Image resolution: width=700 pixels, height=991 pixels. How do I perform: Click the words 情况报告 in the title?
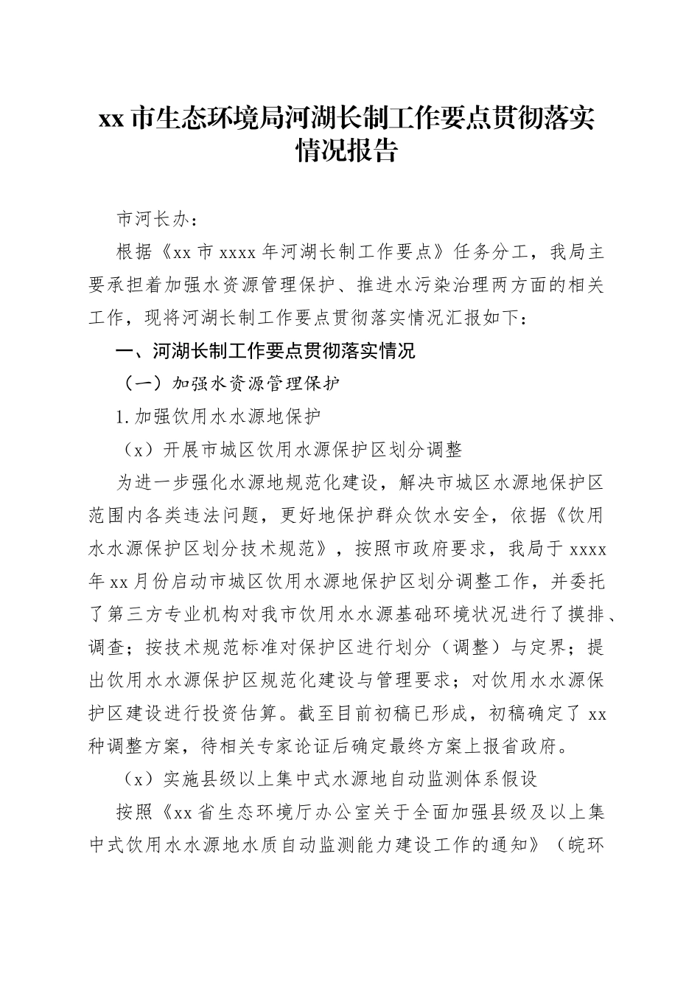346,152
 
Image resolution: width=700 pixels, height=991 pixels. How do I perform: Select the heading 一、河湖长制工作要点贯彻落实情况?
266,351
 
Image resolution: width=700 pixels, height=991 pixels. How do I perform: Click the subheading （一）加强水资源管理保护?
231,384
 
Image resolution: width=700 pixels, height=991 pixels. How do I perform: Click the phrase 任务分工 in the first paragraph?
491,253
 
